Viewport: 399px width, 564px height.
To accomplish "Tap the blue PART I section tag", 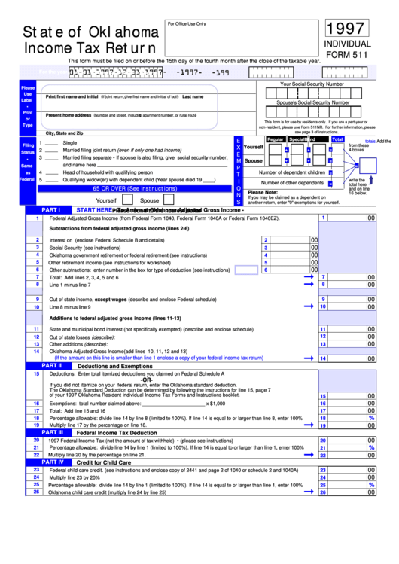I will [50, 210].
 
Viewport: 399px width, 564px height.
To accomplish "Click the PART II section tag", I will [50, 365].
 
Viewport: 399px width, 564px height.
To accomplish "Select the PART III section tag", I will [50, 432].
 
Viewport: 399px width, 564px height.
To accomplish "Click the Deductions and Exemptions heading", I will [115, 366].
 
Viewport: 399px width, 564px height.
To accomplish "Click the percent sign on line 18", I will [371, 417].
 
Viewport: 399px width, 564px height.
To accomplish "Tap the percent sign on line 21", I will [371, 447].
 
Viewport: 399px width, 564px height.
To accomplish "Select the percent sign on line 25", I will [371, 485].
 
